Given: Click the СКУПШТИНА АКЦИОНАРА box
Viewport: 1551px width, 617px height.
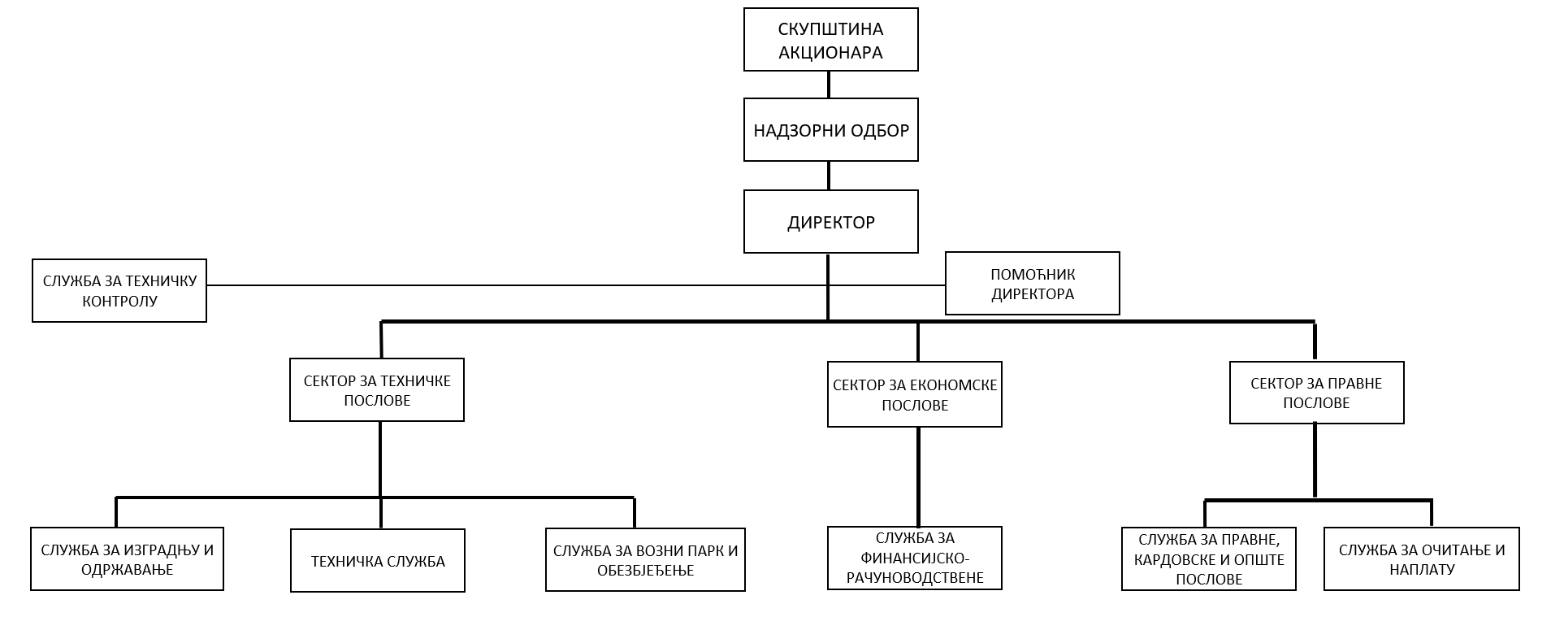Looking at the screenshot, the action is [x=830, y=40].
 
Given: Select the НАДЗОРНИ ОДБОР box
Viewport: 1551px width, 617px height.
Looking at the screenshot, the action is [x=830, y=130].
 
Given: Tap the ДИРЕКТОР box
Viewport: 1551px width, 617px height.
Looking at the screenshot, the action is [x=830, y=222].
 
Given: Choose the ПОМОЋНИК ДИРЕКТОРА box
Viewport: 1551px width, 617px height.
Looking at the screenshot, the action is [x=1032, y=283].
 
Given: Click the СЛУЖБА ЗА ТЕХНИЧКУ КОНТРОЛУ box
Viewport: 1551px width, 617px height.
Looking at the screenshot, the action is [x=119, y=291].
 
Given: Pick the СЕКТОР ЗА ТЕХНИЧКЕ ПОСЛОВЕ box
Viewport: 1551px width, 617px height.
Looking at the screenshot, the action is [x=377, y=390].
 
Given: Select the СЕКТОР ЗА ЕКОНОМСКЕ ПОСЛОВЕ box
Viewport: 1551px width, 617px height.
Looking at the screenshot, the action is [x=915, y=394].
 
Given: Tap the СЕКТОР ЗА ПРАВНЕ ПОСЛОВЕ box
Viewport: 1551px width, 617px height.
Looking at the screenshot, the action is [x=1316, y=393].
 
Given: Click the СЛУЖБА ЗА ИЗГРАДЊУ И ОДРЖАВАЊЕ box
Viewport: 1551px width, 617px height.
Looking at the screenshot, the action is [x=127, y=559].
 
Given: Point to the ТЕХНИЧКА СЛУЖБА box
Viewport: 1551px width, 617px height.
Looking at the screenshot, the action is [x=378, y=561].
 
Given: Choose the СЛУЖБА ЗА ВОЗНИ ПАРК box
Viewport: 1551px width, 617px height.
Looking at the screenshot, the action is [x=645, y=560].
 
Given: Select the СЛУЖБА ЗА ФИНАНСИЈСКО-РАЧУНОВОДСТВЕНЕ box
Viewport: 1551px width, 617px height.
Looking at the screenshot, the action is [x=915, y=558].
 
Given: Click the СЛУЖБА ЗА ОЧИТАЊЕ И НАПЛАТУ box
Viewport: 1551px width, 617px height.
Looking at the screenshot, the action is [x=1422, y=559].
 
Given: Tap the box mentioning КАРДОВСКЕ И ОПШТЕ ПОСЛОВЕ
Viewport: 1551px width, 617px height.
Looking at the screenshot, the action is [x=1209, y=559].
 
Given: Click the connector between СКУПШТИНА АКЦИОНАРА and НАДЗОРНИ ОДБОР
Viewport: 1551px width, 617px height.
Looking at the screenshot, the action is [x=829, y=85].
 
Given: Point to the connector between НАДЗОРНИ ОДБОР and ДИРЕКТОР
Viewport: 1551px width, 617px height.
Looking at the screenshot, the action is [x=829, y=176].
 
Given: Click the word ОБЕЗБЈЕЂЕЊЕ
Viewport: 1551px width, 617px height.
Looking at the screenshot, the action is [x=646, y=571].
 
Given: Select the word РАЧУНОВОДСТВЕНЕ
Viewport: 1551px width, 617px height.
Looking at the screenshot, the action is [x=915, y=578].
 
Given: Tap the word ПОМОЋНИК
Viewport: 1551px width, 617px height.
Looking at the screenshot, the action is [x=1033, y=275].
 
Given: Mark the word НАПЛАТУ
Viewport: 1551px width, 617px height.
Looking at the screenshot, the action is [x=1422, y=570].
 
